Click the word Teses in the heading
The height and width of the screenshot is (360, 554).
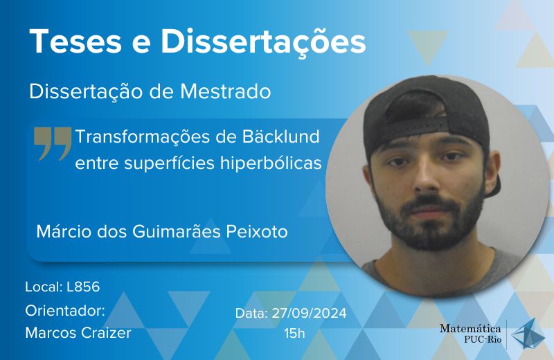click(x=76, y=42)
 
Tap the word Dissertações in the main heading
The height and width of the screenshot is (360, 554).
click(x=263, y=42)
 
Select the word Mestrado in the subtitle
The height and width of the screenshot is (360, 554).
click(x=226, y=91)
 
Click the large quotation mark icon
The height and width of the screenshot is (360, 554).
click(x=53, y=143)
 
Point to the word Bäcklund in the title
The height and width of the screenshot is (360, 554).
click(x=280, y=136)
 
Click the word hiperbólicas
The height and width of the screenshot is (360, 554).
click(x=271, y=163)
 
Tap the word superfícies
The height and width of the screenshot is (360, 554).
click(x=170, y=163)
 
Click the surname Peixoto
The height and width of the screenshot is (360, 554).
click(x=256, y=232)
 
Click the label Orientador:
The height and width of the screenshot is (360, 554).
click(x=65, y=311)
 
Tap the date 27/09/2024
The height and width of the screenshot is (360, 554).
click(x=309, y=314)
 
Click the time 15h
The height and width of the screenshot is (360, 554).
click(x=294, y=333)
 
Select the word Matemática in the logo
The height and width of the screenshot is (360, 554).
click(x=470, y=328)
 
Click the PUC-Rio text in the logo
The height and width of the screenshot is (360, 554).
click(x=483, y=339)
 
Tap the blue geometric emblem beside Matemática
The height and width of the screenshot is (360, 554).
click(x=528, y=334)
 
